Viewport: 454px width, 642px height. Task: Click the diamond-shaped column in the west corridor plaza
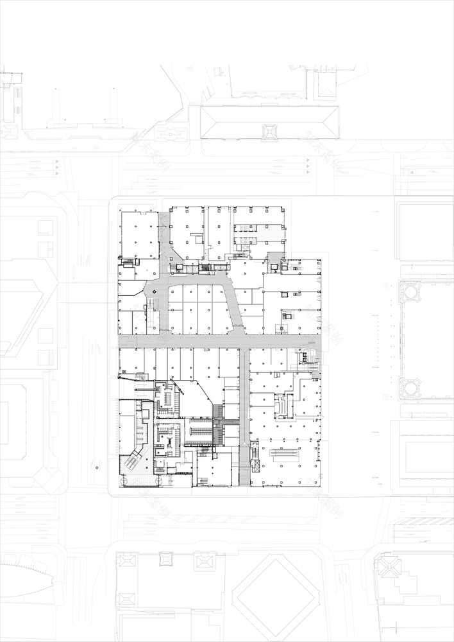153,293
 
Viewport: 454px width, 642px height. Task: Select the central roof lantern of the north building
269,132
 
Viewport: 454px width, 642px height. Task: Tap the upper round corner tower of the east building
410,291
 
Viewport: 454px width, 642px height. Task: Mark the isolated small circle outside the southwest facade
97,468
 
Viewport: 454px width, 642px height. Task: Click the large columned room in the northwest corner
139,235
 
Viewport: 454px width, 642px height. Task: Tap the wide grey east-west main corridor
218,341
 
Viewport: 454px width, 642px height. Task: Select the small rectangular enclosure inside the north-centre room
196,239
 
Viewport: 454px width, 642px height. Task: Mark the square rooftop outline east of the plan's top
424,231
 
